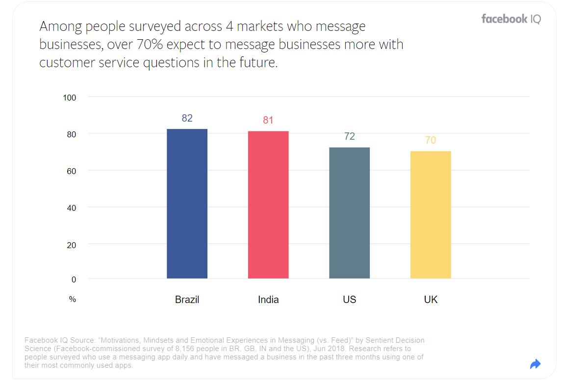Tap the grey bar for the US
tap(349, 213)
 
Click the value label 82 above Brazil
tap(187, 118)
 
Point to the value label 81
tap(268, 120)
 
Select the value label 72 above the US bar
tap(349, 136)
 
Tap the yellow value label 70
tap(431, 140)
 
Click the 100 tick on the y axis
tap(70, 98)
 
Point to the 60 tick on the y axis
tap(72, 171)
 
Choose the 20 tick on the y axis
tap(72, 245)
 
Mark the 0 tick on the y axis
tap(74, 279)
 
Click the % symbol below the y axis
tap(73, 299)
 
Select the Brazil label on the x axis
tap(187, 300)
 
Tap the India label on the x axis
tap(268, 300)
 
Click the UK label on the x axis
tap(431, 300)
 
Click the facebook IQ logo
tap(511, 19)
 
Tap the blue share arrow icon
tap(536, 364)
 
